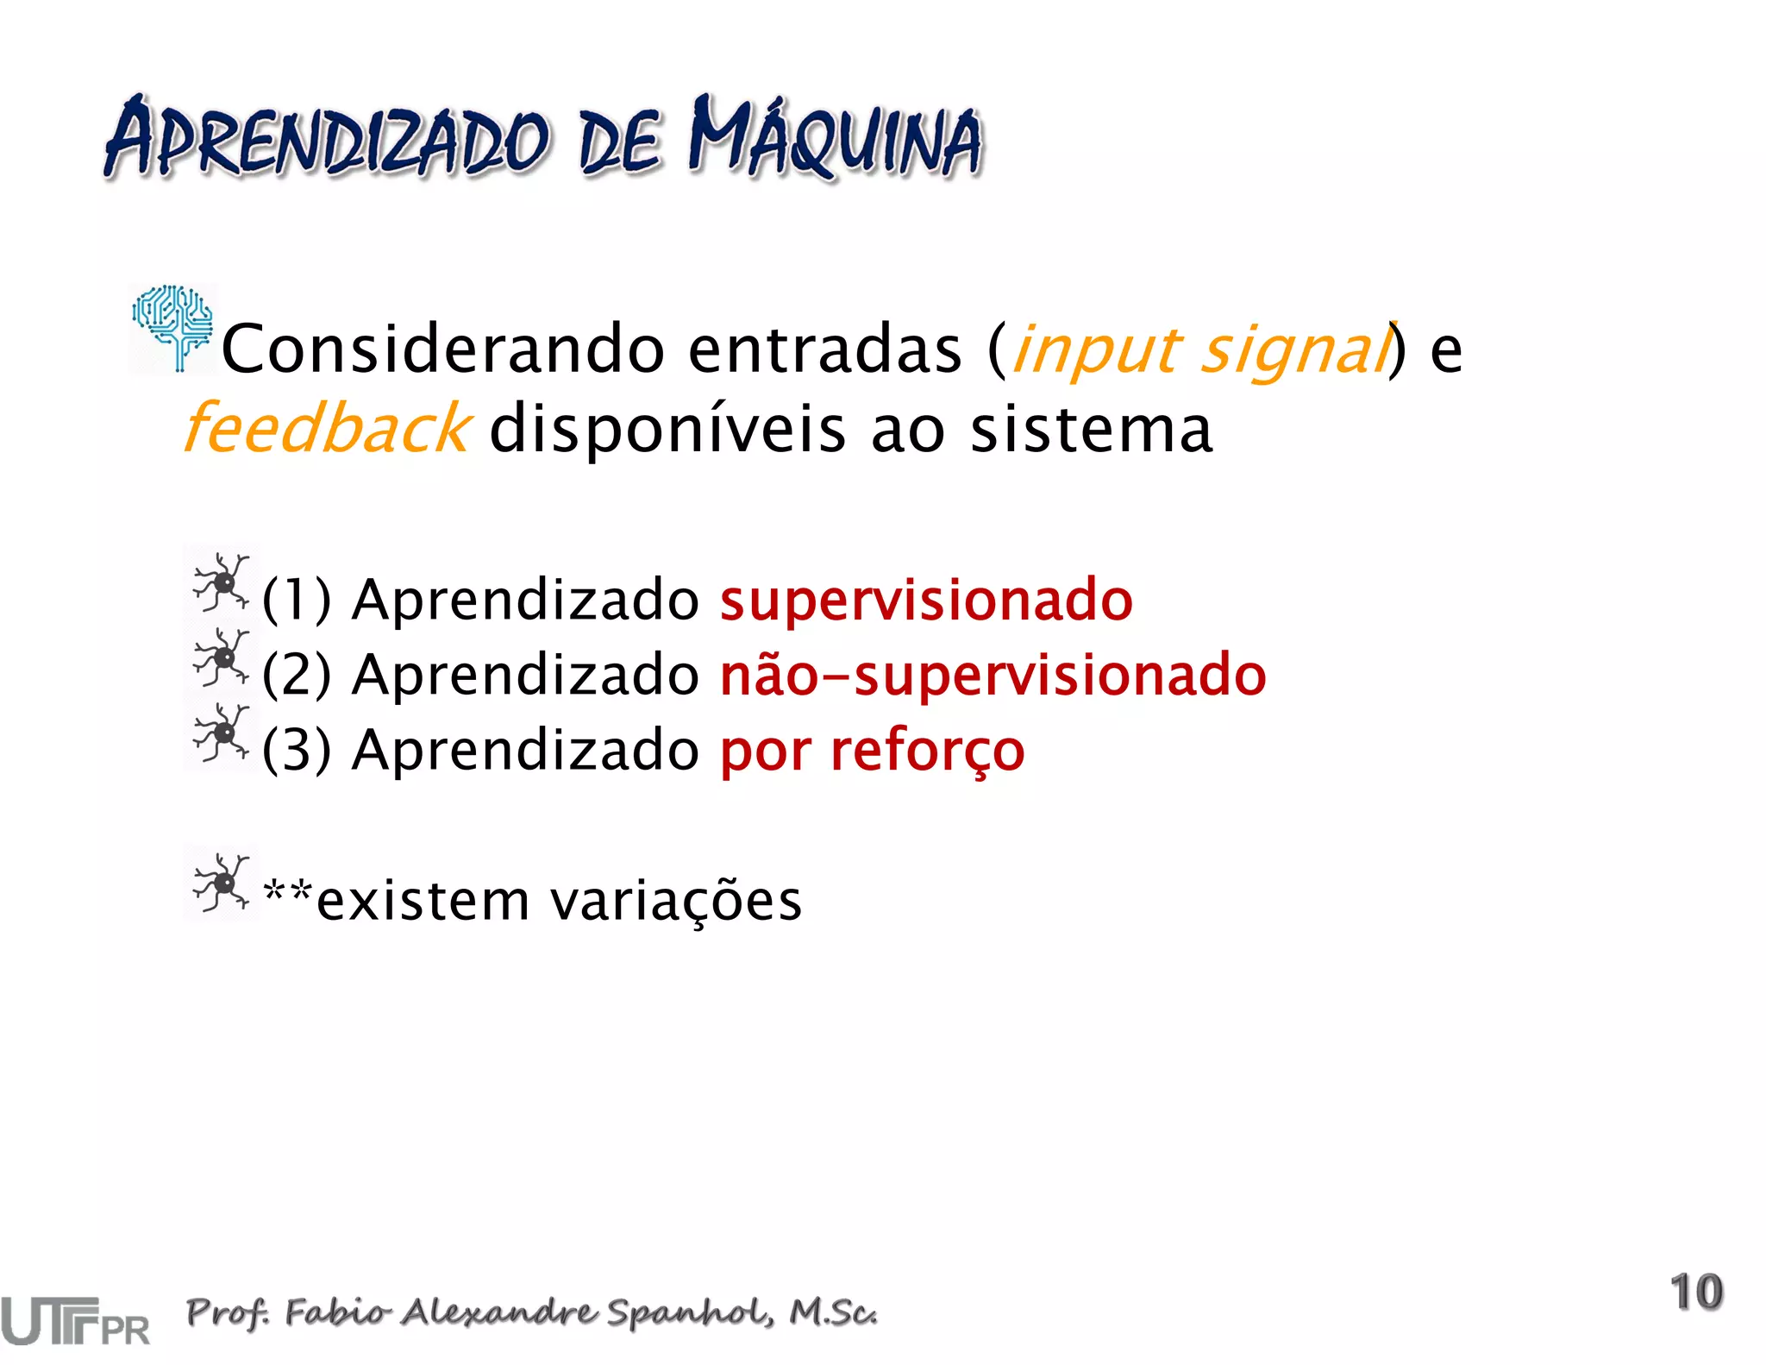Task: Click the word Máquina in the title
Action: (835, 138)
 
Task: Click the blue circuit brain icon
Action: (172, 326)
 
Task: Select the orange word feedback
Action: (327, 429)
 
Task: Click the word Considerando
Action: (442, 349)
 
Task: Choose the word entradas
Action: (824, 349)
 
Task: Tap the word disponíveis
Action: (667, 429)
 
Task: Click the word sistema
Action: (1091, 429)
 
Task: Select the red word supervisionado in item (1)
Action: (925, 600)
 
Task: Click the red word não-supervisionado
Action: (993, 675)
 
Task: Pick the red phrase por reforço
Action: (872, 751)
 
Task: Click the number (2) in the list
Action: (296, 675)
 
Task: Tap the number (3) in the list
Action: (296, 750)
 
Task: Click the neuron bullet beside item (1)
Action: (221, 584)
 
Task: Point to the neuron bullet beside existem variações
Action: (221, 883)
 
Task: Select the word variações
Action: (675, 901)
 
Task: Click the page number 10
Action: (1696, 1292)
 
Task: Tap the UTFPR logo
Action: (75, 1320)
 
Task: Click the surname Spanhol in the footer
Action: (686, 1312)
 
